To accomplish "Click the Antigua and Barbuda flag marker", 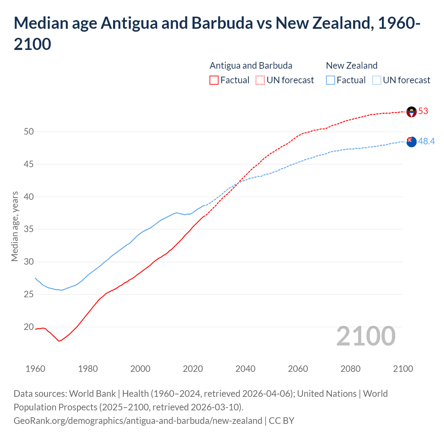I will [411, 112].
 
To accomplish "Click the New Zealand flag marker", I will [411, 142].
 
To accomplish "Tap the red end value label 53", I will [423, 111].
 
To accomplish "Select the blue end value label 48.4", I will [426, 142].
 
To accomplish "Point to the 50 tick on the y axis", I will [29, 131].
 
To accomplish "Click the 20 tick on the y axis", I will [29, 327].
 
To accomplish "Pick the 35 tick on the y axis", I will [29, 229].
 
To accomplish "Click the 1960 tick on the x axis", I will [35, 369].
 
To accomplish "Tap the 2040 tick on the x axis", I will [246, 369].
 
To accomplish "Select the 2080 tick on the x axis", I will [350, 369].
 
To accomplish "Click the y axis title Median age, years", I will [15, 226].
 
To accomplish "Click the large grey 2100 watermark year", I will [366, 336].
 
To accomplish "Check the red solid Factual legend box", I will [214, 80].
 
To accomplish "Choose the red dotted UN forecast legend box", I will [260, 80].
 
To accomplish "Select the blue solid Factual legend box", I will [331, 80].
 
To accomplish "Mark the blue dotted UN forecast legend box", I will [377, 80].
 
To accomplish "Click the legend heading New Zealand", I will [352, 66].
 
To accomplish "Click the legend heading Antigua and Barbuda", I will [251, 66].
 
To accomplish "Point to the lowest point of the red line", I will [59, 341].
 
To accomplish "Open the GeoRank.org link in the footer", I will [138, 421].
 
